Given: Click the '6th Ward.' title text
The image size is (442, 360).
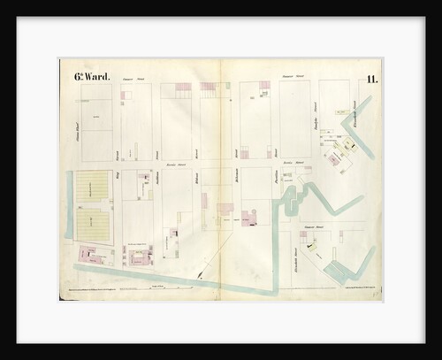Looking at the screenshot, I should [x=92, y=77].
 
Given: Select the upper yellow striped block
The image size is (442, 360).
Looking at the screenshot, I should [x=93, y=187].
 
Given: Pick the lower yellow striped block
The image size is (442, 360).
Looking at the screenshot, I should [x=93, y=225].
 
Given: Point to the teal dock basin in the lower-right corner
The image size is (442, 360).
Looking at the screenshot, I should [x=340, y=271].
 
